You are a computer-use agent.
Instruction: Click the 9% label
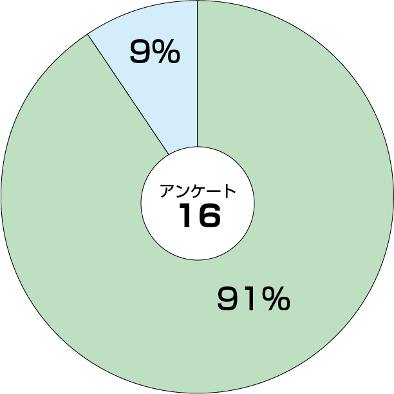(x=155, y=52)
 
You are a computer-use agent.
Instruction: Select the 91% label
(x=254, y=299)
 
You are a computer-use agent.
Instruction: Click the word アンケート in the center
(x=198, y=191)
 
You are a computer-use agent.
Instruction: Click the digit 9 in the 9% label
(x=140, y=52)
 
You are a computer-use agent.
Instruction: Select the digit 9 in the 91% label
(x=228, y=299)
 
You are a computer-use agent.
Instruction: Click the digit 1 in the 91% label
(x=250, y=299)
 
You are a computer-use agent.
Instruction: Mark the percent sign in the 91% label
(x=276, y=299)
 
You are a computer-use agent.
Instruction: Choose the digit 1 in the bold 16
(x=187, y=215)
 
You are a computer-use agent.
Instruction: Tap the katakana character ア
(x=167, y=191)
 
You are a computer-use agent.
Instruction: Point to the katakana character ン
(x=182, y=191)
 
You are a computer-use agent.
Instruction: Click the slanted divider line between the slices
(x=128, y=94)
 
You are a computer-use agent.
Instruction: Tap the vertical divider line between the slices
(x=198, y=73)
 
